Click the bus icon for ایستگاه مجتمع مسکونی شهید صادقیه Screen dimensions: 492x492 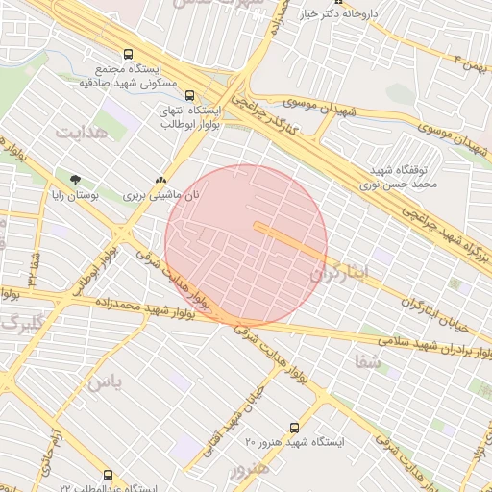(x=130, y=55)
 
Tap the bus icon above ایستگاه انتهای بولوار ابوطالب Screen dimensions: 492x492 (x=189, y=96)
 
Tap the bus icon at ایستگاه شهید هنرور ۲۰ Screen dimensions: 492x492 (x=294, y=427)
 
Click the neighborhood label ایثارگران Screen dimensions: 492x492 (x=340, y=273)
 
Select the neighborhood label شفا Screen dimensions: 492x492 (x=368, y=361)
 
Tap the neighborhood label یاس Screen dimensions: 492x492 (x=106, y=381)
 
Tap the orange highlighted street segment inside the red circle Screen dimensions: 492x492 (x=288, y=239)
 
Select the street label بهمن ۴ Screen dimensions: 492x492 (x=473, y=64)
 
